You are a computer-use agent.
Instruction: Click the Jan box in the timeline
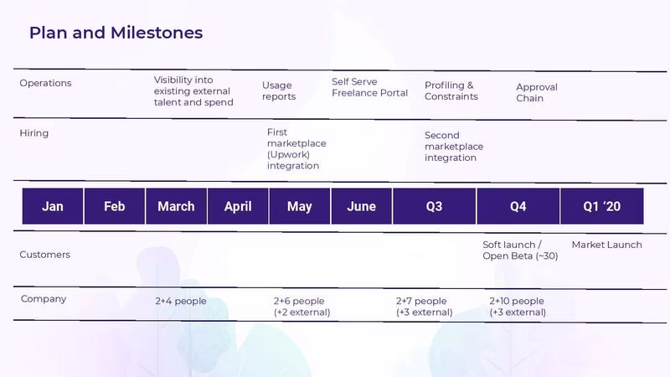[53, 206]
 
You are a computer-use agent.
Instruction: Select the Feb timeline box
[115, 206]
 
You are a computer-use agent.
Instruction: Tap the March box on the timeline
[176, 206]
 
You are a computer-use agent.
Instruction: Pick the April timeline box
[238, 206]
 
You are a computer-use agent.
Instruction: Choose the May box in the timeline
[300, 206]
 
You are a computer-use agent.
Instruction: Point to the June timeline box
[362, 206]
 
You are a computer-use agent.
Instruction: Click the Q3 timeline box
[434, 206]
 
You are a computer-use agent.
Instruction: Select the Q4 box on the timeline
[518, 206]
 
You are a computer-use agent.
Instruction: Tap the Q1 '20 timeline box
[602, 206]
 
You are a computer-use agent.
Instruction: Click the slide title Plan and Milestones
[116, 33]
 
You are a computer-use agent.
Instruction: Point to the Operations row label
[45, 83]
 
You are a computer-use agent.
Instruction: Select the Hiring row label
[34, 133]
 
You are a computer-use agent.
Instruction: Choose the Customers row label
[45, 255]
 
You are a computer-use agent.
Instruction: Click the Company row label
[44, 299]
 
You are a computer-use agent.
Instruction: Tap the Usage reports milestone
[279, 90]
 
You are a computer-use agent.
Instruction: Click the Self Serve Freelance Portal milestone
[369, 87]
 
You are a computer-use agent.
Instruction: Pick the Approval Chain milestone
[537, 92]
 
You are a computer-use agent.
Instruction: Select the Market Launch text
[606, 245]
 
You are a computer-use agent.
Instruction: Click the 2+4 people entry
[181, 301]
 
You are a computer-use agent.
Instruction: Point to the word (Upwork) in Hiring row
[288, 154]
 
